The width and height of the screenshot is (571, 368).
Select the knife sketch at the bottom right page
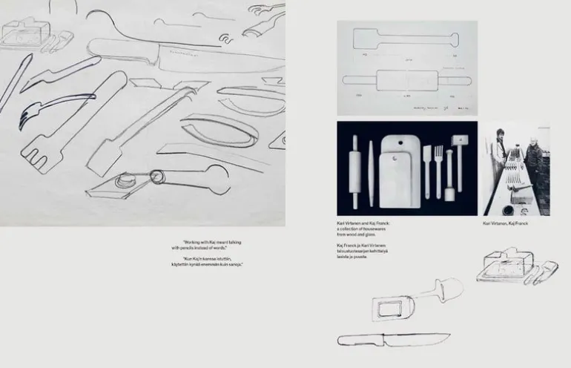click(x=393, y=340)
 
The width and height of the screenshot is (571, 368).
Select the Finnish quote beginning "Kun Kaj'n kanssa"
click(x=213, y=262)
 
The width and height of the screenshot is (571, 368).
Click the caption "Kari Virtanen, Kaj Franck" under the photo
click(x=505, y=223)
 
